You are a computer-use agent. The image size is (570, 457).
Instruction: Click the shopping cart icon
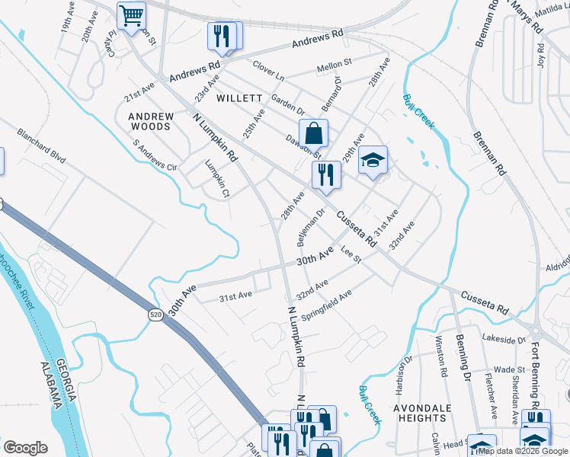[x=132, y=14]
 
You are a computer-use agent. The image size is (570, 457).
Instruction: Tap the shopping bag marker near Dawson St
[x=313, y=134]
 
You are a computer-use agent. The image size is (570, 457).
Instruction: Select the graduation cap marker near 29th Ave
[x=373, y=161]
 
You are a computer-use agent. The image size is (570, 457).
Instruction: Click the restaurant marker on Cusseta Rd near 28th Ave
[x=325, y=174]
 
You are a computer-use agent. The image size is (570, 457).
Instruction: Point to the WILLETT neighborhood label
[x=239, y=99]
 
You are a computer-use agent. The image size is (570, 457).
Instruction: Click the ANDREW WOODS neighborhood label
[x=151, y=121]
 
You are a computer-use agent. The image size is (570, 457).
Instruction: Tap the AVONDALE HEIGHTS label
[x=421, y=413]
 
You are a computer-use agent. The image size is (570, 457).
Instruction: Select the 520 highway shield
[x=155, y=314]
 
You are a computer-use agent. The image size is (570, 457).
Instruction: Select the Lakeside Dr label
[x=505, y=339]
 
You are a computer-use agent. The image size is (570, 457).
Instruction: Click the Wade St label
[x=505, y=369]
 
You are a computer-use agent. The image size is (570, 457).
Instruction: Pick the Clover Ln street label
[x=268, y=76]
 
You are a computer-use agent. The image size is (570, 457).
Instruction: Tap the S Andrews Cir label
[x=155, y=155]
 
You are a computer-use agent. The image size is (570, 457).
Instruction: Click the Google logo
[x=25, y=448]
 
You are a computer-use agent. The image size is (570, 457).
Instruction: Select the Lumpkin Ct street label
[x=217, y=179]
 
